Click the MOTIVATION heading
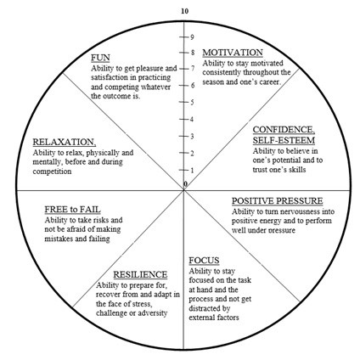[x=233, y=53]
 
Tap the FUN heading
[x=100, y=58]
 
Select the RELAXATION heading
[x=65, y=142]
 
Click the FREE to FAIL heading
[x=72, y=210]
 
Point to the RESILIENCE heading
[x=140, y=274]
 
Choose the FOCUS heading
[x=204, y=261]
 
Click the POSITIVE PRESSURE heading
[x=278, y=201]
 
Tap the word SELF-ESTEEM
[x=284, y=140]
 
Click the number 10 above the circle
[x=184, y=11]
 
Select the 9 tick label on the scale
[x=192, y=37]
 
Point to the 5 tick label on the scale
[x=192, y=102]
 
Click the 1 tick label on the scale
[x=192, y=171]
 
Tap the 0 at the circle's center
[x=185, y=184]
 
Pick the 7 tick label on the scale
[x=193, y=68]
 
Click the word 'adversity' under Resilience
[x=155, y=313]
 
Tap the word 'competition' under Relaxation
[x=52, y=172]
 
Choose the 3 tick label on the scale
[x=192, y=137]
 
